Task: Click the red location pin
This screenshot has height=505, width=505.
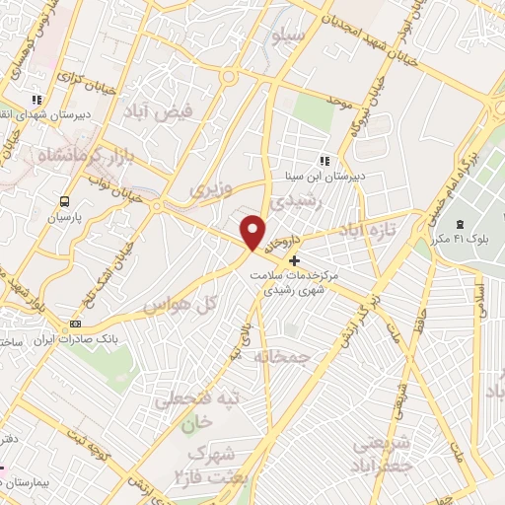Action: [x=254, y=234]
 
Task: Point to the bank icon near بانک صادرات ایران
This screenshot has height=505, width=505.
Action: [x=75, y=326]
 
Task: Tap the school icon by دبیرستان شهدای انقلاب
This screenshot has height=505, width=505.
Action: [x=37, y=100]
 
